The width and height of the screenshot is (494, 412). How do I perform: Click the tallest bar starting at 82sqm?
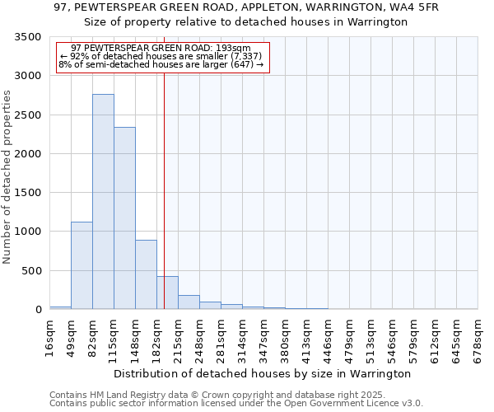click(x=103, y=202)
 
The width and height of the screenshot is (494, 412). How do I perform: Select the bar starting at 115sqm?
click(x=124, y=218)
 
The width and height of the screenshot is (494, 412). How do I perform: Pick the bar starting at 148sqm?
click(x=146, y=274)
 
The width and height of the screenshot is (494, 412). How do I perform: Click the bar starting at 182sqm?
click(x=167, y=293)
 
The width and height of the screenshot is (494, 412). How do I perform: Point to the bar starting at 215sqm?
click(x=189, y=302)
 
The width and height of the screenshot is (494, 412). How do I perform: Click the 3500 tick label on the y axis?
click(x=26, y=38)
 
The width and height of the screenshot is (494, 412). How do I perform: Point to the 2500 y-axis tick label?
click(x=26, y=115)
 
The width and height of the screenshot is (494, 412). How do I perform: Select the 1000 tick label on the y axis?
click(x=26, y=232)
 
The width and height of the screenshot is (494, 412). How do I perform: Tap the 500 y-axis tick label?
click(x=30, y=270)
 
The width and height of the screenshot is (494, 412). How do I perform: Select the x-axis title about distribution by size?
click(x=262, y=373)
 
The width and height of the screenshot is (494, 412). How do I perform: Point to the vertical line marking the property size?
click(x=165, y=165)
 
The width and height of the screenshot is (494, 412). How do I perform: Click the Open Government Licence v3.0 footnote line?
click(x=236, y=404)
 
